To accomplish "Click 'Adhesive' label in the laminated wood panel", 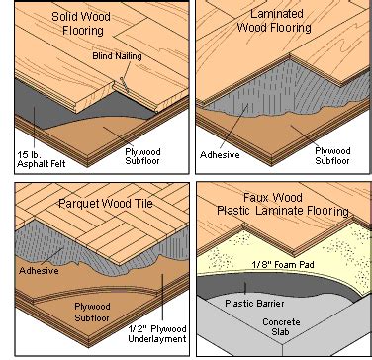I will tap(220, 154).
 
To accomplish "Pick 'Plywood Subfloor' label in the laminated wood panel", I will tap(336, 152).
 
